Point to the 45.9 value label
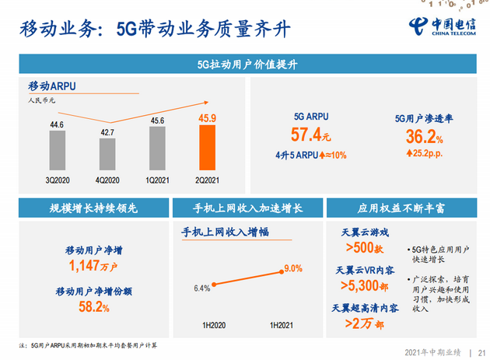(208, 119)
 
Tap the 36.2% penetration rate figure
(418, 137)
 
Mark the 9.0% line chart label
(292, 268)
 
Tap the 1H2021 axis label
(281, 324)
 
